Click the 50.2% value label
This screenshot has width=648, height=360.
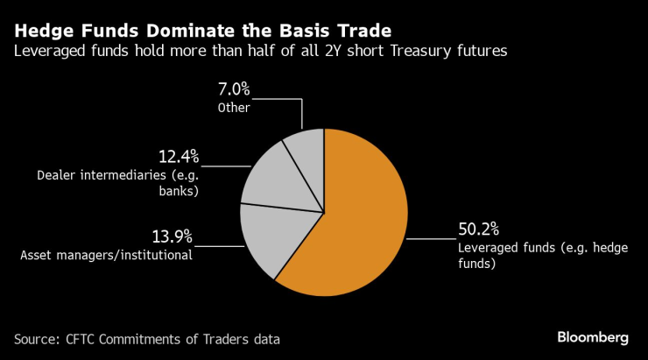point(478,229)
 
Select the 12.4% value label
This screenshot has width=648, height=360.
point(179,157)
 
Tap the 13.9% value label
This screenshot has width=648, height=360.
point(171,237)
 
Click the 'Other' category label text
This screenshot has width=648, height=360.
point(234,108)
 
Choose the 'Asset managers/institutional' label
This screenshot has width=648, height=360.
point(106,256)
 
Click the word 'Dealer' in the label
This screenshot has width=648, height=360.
point(57,175)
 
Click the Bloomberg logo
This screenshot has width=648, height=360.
point(593,337)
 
